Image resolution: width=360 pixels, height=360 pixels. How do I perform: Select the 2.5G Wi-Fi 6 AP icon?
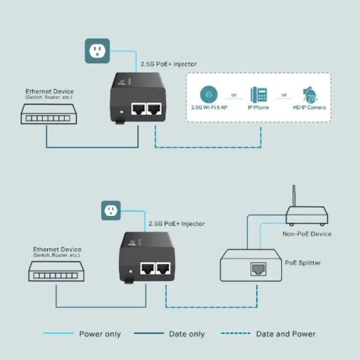[x=209, y=95]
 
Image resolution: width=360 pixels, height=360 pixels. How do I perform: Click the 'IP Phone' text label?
[x=259, y=107]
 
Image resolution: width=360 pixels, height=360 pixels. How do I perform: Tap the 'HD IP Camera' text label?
[x=309, y=107]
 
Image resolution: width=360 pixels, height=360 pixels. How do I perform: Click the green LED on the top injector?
[x=120, y=111]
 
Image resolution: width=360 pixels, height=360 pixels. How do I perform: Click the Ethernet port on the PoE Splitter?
[x=257, y=269]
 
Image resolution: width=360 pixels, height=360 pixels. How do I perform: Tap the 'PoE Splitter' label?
[x=303, y=263]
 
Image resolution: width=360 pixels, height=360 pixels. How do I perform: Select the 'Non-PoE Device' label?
[x=307, y=233]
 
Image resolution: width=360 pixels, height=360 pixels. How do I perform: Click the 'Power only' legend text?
[x=100, y=334]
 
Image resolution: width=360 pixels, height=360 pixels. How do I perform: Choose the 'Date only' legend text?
[x=187, y=334]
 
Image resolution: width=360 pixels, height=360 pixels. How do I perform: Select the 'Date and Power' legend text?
[x=286, y=334]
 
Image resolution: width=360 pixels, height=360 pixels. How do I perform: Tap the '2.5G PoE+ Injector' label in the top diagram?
[x=169, y=64]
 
